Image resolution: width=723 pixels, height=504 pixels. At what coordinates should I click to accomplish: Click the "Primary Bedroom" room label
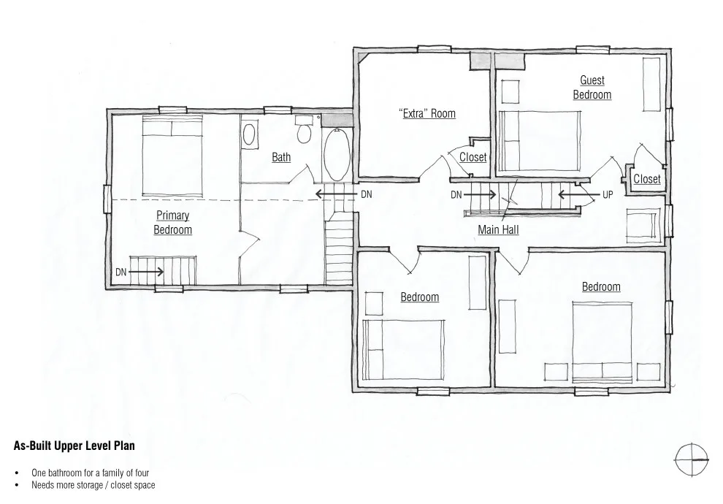(172, 222)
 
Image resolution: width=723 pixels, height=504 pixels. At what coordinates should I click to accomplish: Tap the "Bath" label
(281, 157)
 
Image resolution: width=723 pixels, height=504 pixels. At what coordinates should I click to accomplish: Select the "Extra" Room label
(427, 113)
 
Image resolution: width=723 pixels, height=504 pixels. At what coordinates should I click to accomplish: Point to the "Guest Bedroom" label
(592, 87)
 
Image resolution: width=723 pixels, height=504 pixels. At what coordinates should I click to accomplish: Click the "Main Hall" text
(498, 229)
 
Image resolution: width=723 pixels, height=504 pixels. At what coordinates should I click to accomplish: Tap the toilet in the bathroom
(304, 129)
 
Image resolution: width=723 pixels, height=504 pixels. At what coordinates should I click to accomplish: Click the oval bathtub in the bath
(337, 155)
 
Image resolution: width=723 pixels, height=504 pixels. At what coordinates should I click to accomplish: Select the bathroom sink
(250, 134)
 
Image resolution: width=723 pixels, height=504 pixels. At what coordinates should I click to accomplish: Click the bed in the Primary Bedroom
(172, 157)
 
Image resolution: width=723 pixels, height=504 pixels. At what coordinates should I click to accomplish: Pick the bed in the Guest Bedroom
(540, 141)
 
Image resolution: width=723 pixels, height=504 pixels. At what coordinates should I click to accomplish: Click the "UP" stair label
(608, 194)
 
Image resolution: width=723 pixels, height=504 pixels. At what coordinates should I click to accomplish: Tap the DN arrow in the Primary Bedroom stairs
(146, 272)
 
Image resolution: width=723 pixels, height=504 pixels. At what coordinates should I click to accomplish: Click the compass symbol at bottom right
(692, 459)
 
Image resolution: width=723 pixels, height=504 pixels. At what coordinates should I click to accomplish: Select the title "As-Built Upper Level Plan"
(74, 446)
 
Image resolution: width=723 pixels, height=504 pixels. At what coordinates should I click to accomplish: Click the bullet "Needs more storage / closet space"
(93, 485)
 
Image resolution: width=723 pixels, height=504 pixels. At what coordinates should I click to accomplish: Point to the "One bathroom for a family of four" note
(91, 473)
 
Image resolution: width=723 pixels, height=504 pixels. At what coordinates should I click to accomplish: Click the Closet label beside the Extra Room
(473, 157)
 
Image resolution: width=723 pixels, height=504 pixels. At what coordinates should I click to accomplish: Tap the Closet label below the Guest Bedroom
(647, 179)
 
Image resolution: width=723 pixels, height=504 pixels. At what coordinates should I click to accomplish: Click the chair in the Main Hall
(641, 225)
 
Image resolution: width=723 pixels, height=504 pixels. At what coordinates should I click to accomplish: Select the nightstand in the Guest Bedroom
(510, 91)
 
